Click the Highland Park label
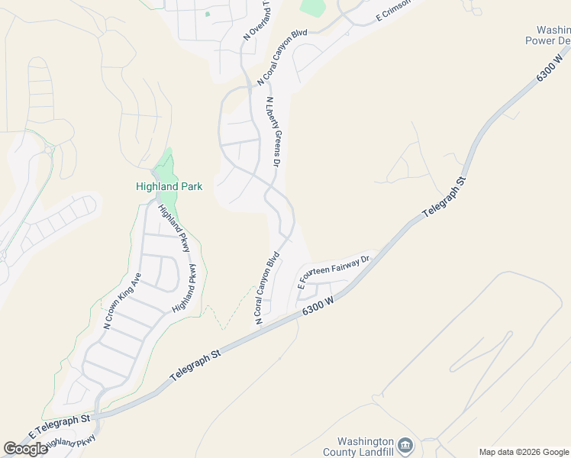coord(169,186)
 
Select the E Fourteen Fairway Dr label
coord(334,271)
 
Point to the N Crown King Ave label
coord(122,301)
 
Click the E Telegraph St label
coord(60,425)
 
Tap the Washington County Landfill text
coord(366,447)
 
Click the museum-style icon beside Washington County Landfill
coord(406,445)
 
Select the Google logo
coord(25,449)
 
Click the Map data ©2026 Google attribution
coord(524,452)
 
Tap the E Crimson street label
coord(393,11)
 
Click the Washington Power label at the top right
coord(550,35)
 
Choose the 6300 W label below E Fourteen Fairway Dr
coord(319,305)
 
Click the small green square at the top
coord(208,14)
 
